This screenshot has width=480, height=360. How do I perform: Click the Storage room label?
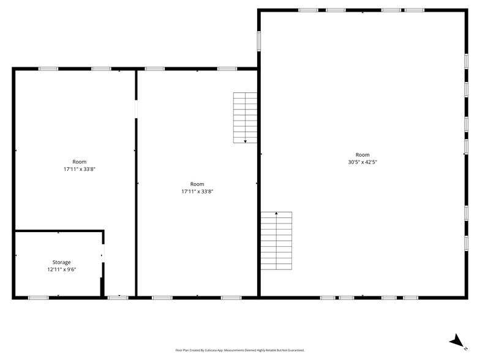[61, 262]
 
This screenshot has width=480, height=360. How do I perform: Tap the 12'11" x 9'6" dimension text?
[61, 269]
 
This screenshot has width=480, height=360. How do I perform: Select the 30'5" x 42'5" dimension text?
[362, 162]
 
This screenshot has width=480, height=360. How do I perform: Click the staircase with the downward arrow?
[246, 118]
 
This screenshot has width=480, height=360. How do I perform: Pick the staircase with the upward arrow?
[276, 241]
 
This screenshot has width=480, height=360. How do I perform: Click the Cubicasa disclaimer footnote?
[239, 350]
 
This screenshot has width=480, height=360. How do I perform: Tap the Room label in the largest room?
[362, 155]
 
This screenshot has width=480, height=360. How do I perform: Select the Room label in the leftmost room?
[79, 162]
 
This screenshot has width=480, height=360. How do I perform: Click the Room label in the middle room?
[197, 184]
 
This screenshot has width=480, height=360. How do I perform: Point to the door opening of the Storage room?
[103, 255]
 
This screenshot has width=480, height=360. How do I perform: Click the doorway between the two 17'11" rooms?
[136, 109]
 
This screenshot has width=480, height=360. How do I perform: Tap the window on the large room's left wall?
[259, 40]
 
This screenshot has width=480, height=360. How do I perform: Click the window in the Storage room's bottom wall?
[38, 298]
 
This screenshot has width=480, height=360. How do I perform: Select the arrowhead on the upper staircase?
[246, 141]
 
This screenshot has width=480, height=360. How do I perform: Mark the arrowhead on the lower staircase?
[276, 213]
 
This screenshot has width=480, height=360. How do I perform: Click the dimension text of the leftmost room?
[79, 169]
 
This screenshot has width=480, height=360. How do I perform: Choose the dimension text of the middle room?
[197, 191]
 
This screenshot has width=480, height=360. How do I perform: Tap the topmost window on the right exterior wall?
[467, 61]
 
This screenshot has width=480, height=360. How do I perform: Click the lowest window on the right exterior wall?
[467, 242]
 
